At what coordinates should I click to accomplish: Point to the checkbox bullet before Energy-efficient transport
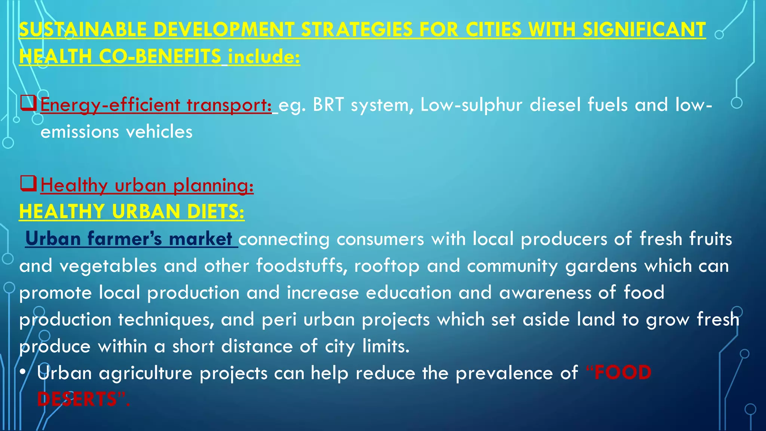pos(28,103)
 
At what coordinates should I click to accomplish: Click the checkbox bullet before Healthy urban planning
pos(28,184)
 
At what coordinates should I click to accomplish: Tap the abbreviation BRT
pos(328,105)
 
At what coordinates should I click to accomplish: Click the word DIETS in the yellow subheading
pos(215,212)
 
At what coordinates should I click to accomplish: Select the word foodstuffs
pos(301,266)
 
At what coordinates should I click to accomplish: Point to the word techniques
pos(166,320)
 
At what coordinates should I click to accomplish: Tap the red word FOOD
pos(622,373)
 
